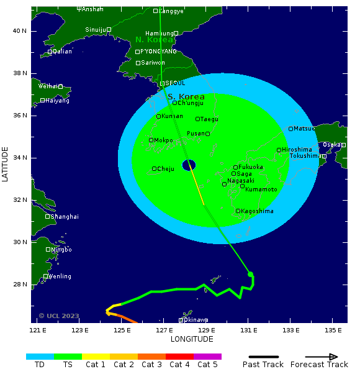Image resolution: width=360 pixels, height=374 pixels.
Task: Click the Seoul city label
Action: (176, 83)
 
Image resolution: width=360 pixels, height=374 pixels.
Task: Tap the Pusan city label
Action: (196, 134)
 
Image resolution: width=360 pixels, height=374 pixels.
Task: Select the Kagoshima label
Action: (257, 211)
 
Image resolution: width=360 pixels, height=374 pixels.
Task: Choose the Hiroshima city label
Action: (297, 150)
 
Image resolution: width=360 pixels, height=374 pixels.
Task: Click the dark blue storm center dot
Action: (189, 165)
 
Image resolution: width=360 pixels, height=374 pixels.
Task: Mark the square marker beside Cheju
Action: (154, 169)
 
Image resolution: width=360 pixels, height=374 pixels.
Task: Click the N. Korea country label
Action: (154, 40)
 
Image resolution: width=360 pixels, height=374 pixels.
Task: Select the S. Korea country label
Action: (186, 97)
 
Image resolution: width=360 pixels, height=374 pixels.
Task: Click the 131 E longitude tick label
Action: (249, 330)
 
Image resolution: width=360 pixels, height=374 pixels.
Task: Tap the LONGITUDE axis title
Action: (192, 339)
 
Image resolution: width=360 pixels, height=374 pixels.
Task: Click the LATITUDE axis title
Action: (6, 164)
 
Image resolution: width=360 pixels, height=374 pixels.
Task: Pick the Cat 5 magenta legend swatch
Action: (207, 357)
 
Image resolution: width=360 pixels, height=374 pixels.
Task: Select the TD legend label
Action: (40, 365)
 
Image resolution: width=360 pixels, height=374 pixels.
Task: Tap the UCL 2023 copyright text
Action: (59, 316)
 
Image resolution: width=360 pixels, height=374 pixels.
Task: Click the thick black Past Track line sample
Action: (263, 357)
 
